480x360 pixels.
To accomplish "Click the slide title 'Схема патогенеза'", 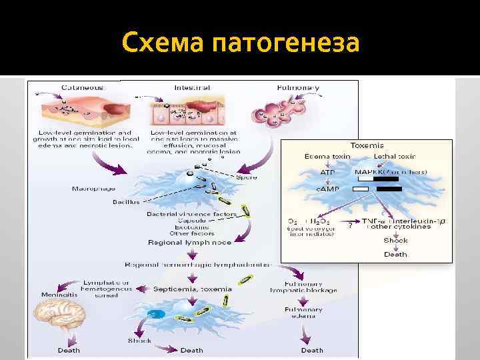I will pos(240,44).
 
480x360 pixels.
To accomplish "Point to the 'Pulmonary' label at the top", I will pos(298,87).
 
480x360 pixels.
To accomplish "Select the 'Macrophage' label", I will pos(89,189).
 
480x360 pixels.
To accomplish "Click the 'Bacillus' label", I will pos(125,201).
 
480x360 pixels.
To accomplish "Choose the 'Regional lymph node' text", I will pos(189,243).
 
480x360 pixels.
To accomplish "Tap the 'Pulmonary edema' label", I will pos(304,313).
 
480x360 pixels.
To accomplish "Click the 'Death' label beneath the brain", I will pos(69,350).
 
